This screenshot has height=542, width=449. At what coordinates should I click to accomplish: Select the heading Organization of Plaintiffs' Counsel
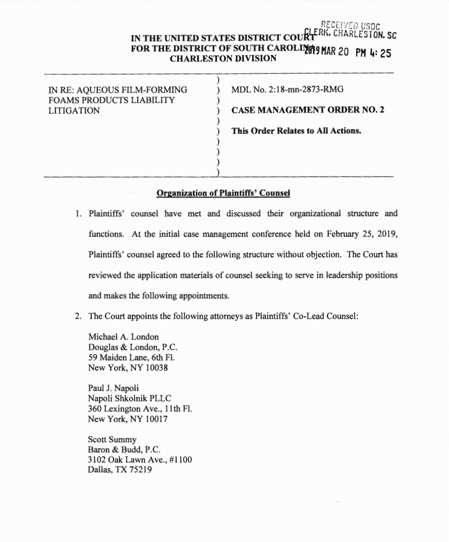click(x=223, y=194)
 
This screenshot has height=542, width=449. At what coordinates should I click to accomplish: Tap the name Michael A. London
click(x=124, y=337)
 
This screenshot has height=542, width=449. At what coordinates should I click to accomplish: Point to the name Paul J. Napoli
click(x=114, y=388)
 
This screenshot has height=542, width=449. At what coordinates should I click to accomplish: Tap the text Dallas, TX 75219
click(x=120, y=470)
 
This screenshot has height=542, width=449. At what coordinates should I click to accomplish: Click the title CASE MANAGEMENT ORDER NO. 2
click(x=308, y=110)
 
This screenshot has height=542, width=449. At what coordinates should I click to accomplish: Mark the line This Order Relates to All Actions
click(x=296, y=131)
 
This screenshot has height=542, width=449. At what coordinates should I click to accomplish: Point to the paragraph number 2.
click(x=78, y=316)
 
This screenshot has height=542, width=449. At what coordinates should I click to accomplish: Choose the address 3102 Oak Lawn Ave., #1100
click(x=140, y=460)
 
